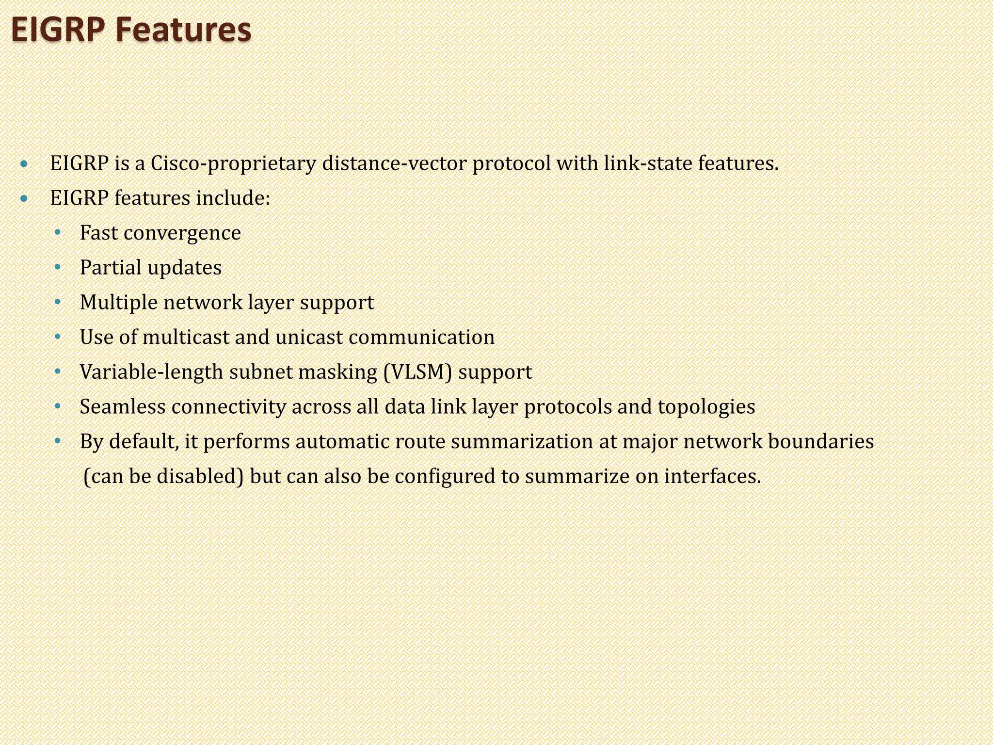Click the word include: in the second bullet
click(233, 198)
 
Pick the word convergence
click(182, 233)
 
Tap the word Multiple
click(119, 303)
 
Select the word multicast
click(186, 337)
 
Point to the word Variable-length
click(152, 372)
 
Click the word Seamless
click(123, 406)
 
